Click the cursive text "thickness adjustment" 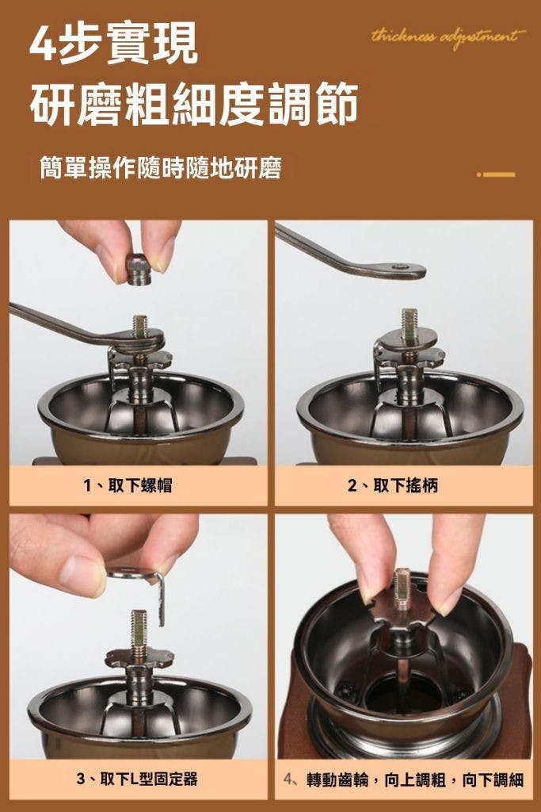[x=448, y=37]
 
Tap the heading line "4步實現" [x=114, y=43]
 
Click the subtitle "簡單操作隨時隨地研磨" [x=161, y=168]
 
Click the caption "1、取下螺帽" [x=128, y=485]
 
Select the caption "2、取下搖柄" [x=393, y=485]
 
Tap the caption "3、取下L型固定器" [x=136, y=779]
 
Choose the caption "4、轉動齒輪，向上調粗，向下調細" [x=404, y=779]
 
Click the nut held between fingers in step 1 [x=139, y=270]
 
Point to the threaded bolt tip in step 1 [x=139, y=325]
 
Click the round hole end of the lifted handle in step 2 [x=399, y=268]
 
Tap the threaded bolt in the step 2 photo [x=409, y=324]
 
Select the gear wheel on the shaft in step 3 [x=139, y=657]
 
